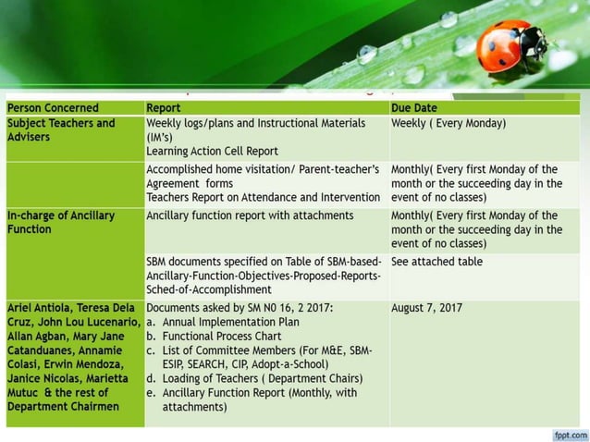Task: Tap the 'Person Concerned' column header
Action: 53,108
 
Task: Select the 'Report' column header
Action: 164,108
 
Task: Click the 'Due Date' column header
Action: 414,108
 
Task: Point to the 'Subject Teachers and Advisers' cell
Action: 61,130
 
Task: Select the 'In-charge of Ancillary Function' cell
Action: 61,222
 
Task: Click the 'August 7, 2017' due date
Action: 427,308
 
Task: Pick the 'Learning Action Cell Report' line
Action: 212,151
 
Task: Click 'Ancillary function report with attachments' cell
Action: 250,215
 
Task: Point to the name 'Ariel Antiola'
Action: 43,308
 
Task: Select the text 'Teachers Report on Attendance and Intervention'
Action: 263,197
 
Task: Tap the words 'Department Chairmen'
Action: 63,406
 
